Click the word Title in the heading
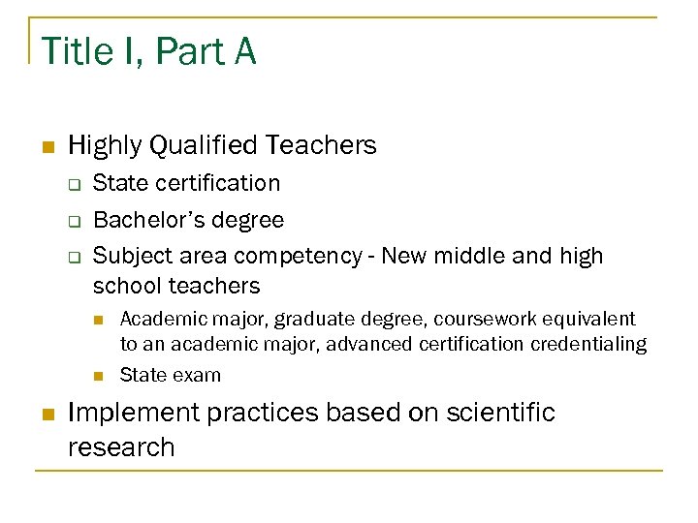pyautogui.click(x=75, y=51)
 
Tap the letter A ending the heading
pyautogui.click(x=242, y=51)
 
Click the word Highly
pyautogui.click(x=99, y=145)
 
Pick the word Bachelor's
pyautogui.click(x=140, y=220)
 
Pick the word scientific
pyautogui.click(x=499, y=413)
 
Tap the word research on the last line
pyautogui.click(x=121, y=447)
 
